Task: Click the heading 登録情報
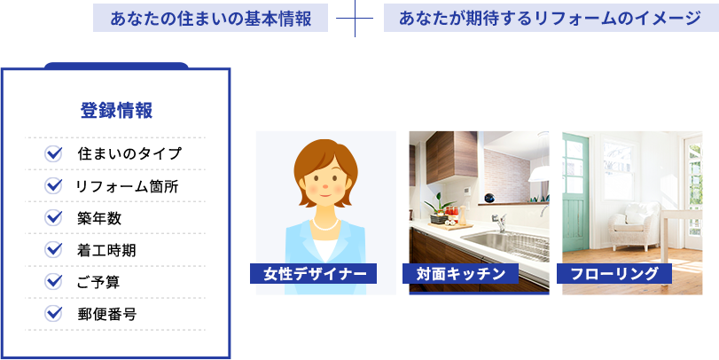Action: [x=116, y=111]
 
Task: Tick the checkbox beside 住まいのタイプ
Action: [x=53, y=153]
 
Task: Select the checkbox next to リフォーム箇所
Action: [x=53, y=185]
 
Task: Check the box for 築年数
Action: [x=53, y=218]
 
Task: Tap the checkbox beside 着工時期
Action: [x=53, y=250]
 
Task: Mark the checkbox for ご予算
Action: [x=53, y=282]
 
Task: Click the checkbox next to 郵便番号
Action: [x=53, y=314]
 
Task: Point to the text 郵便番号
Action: [x=107, y=315]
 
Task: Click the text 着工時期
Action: [x=106, y=250]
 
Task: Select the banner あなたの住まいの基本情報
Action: [x=210, y=18]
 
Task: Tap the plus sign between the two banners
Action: [x=355, y=19]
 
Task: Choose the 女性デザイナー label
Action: [x=313, y=274]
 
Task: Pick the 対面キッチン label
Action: [x=460, y=274]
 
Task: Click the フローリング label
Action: [x=614, y=274]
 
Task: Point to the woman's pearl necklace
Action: [x=325, y=224]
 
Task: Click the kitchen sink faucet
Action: [x=500, y=222]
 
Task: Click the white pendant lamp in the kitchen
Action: [x=539, y=174]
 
